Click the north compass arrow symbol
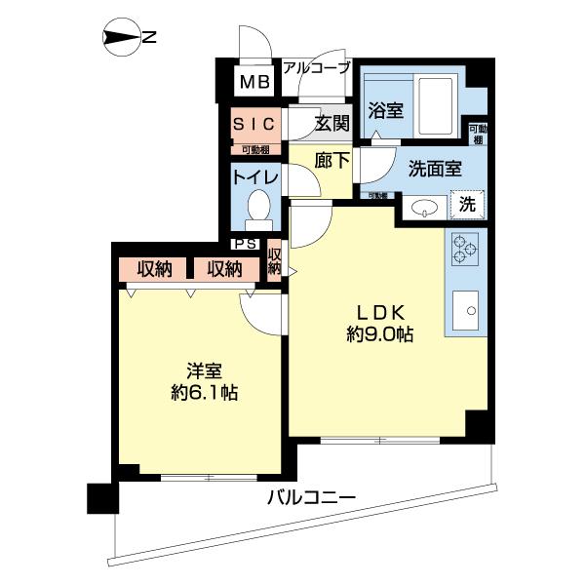(x=121, y=38)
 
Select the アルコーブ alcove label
(x=316, y=67)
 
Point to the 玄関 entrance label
(x=331, y=124)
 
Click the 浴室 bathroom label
(x=384, y=111)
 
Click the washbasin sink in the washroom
(x=425, y=207)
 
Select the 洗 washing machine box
(x=468, y=206)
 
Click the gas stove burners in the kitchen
(x=464, y=250)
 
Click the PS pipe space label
(x=245, y=246)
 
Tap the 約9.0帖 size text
(x=379, y=334)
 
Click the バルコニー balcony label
(x=311, y=499)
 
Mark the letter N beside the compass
(x=149, y=38)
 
